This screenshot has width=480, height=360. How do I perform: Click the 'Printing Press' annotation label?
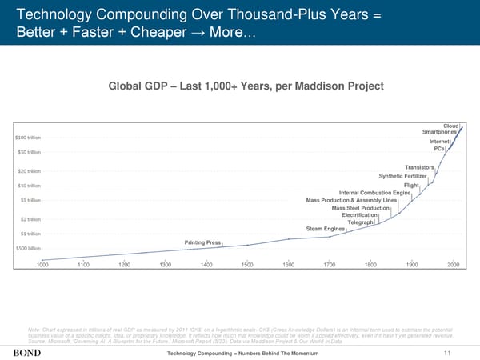pos(202,242)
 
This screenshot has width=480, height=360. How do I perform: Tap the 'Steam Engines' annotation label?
pos(325,230)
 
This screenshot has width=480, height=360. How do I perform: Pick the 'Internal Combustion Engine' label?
pos(374,192)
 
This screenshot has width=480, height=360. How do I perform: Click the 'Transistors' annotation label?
pos(419,166)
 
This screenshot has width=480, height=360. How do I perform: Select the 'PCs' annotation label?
pos(439,148)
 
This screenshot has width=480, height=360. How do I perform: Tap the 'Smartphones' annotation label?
pos(439,132)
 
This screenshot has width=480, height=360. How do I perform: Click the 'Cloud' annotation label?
pos(450,125)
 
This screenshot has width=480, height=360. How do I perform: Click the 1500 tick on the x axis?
pos(247,265)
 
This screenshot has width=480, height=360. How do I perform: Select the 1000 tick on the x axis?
pos(42,265)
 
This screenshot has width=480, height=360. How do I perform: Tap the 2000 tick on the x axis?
pos(453,265)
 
